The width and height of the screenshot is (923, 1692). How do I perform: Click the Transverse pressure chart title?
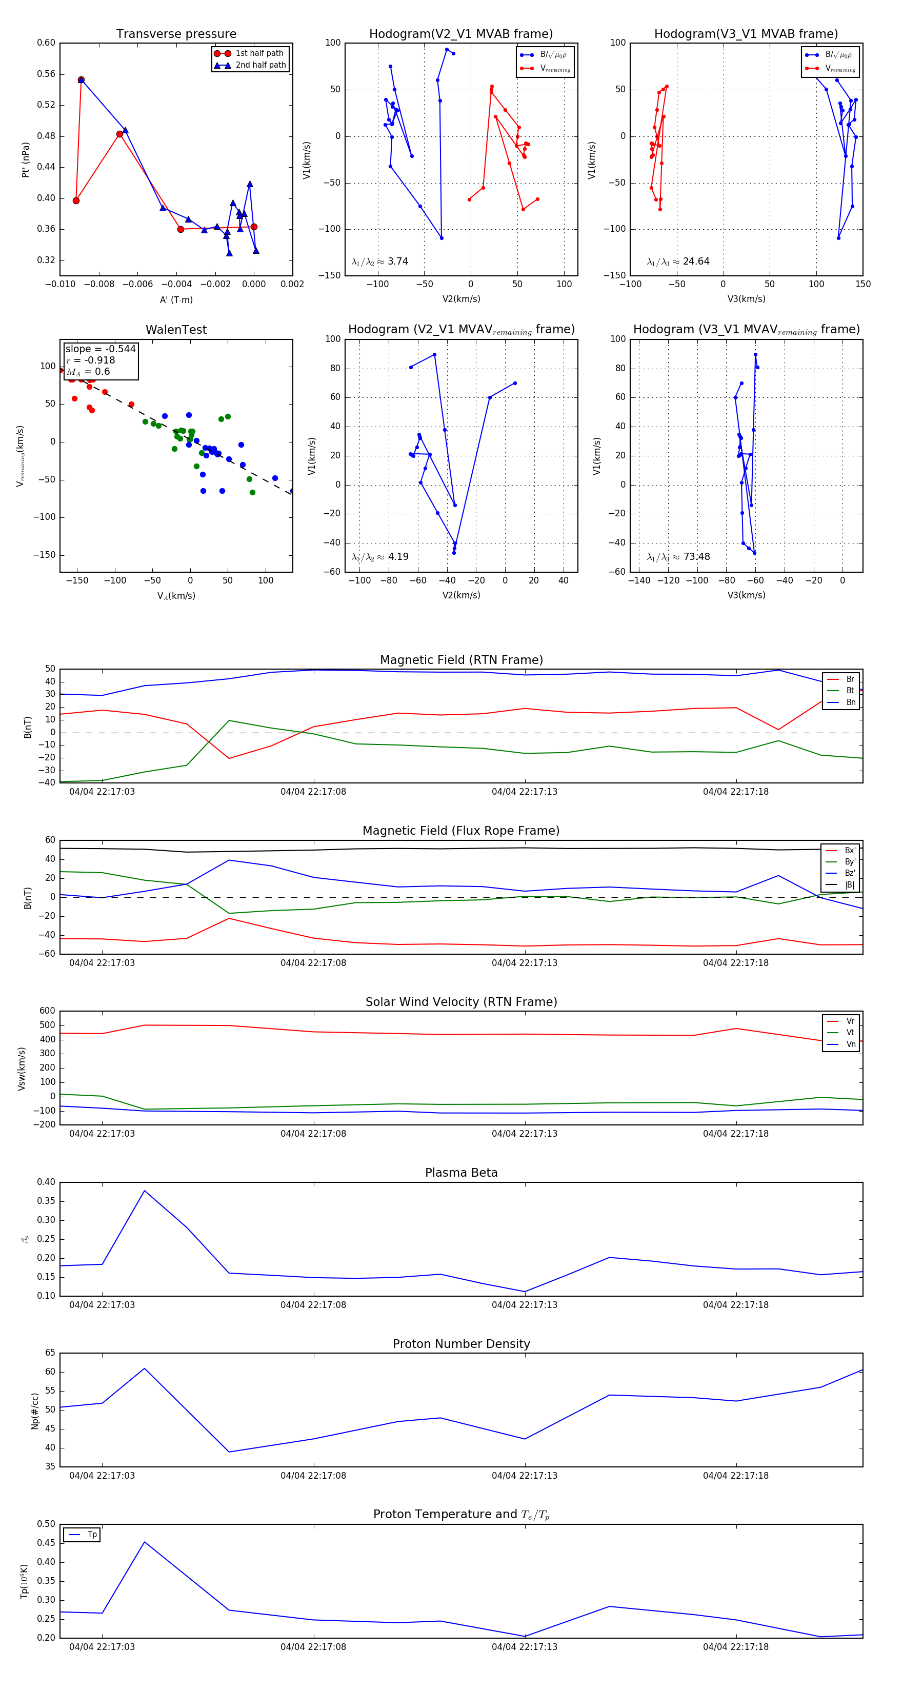176,34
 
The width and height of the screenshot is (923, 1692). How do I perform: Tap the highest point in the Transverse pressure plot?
81,80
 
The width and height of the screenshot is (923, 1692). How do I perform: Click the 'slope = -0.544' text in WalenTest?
101,349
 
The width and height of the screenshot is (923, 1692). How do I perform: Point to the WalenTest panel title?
176,330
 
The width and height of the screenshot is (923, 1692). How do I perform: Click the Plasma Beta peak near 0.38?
145,1191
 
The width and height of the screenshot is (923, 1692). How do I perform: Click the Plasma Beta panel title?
461,1173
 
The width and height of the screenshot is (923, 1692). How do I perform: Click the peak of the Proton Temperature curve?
145,1542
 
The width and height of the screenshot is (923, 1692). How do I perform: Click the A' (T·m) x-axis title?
176,299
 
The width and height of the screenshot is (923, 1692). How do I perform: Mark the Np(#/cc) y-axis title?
35,1411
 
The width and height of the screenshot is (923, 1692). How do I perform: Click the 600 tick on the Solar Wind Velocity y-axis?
47,1011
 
